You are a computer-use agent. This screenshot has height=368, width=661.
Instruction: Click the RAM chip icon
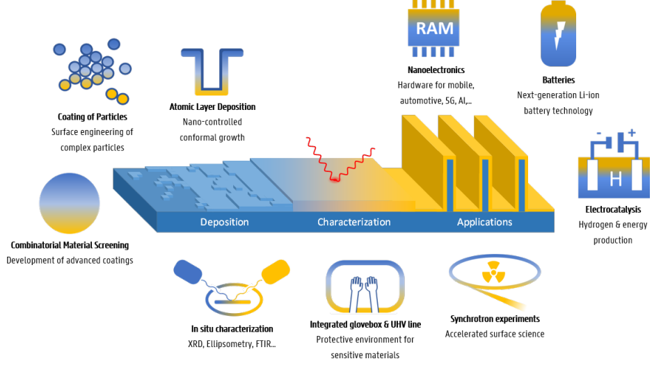434,29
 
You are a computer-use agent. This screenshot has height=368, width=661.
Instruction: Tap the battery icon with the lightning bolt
559,35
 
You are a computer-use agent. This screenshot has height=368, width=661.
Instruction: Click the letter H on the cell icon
616,179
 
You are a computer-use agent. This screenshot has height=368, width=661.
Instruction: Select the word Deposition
224,223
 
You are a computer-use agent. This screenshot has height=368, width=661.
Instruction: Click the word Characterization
353,223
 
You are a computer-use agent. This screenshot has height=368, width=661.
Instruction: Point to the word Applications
484,223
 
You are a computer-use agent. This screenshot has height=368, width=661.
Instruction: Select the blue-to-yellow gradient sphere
70,203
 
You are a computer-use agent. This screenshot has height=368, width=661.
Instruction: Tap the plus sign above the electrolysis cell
632,132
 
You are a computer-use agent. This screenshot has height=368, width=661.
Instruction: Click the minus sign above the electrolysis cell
598,134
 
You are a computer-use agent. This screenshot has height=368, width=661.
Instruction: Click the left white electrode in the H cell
593,176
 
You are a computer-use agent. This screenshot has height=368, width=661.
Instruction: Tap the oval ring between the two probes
234,302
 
